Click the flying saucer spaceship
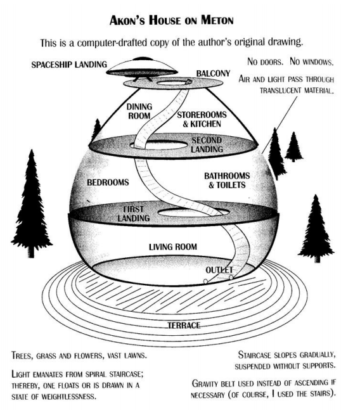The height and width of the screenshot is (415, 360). pyautogui.click(x=142, y=68)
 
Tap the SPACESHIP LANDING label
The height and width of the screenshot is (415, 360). pyautogui.click(x=69, y=65)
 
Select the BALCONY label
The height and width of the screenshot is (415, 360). pyautogui.click(x=213, y=73)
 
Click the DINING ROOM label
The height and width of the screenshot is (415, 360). pyautogui.click(x=139, y=111)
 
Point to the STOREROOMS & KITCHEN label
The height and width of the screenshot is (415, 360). pyautogui.click(x=202, y=119)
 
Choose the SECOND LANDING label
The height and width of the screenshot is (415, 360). pyautogui.click(x=207, y=144)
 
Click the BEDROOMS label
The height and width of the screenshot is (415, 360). pyautogui.click(x=108, y=182)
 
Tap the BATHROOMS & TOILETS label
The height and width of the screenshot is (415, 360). pyautogui.click(x=227, y=180)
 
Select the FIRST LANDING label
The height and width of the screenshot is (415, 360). pyautogui.click(x=134, y=214)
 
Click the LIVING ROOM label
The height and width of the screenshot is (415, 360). pyautogui.click(x=173, y=246)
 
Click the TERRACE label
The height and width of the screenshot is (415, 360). pyautogui.click(x=184, y=325)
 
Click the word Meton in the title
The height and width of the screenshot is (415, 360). pyautogui.click(x=217, y=20)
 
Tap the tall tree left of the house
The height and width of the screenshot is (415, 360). pyautogui.click(x=32, y=203)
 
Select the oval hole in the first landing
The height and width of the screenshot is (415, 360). pyautogui.click(x=193, y=212)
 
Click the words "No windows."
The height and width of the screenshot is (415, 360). pyautogui.click(x=312, y=61)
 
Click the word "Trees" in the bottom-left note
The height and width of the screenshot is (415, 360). pyautogui.click(x=22, y=355)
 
